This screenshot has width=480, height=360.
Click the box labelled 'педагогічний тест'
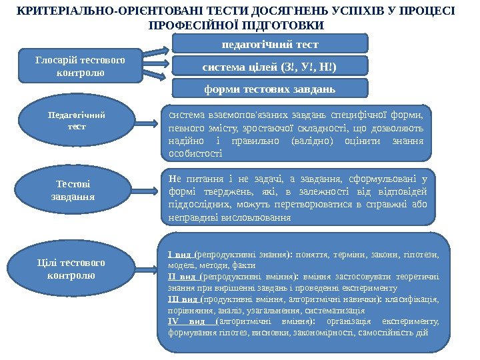click(270, 44)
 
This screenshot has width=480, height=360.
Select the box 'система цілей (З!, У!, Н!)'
click(270, 66)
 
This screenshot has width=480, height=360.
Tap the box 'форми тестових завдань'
click(270, 89)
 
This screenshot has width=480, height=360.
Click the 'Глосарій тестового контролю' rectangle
click(80, 65)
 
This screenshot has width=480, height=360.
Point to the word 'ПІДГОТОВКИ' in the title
click(283, 25)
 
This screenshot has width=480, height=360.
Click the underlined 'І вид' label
click(181, 253)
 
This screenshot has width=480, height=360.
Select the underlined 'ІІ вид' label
click(182, 276)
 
